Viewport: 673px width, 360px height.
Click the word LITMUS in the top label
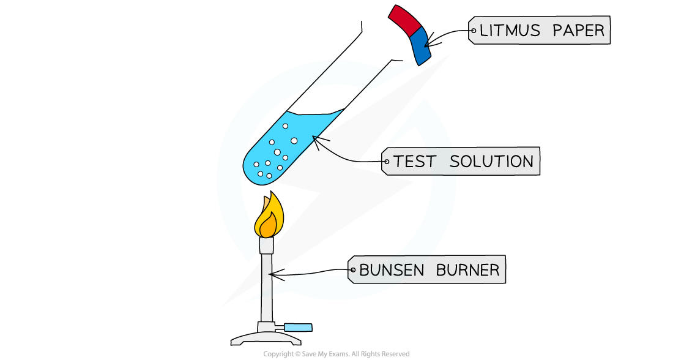(x=507, y=30)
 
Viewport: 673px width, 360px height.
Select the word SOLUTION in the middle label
(x=491, y=162)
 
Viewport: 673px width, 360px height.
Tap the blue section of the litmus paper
(x=421, y=47)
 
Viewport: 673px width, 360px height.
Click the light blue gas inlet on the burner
(x=298, y=328)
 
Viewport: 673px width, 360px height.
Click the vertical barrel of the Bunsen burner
(x=267, y=288)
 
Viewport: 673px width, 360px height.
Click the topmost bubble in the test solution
(x=285, y=126)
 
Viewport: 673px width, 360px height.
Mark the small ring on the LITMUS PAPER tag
(x=474, y=30)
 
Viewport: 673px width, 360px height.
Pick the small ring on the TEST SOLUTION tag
(x=386, y=162)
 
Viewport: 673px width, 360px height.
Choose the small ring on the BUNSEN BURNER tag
(x=352, y=270)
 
